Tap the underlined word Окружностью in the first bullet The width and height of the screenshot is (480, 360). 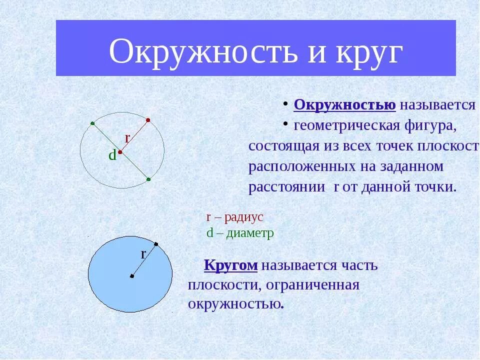click(345, 104)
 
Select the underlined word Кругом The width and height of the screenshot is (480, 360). click(230, 265)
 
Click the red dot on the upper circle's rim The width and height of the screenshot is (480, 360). click(148, 120)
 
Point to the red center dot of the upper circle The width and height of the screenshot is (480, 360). click(120, 151)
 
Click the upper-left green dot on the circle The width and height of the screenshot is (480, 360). click(92, 123)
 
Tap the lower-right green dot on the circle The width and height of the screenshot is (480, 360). click(148, 178)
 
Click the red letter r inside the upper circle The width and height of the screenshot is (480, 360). click(127, 137)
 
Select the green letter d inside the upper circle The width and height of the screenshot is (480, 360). click(112, 155)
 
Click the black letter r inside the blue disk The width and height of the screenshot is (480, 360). click(143, 254)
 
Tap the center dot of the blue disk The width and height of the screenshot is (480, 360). click(131, 275)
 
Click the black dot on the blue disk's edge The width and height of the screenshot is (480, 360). click(156, 244)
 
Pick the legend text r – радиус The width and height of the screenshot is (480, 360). click(234, 217)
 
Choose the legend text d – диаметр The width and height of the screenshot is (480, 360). click(240, 233)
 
